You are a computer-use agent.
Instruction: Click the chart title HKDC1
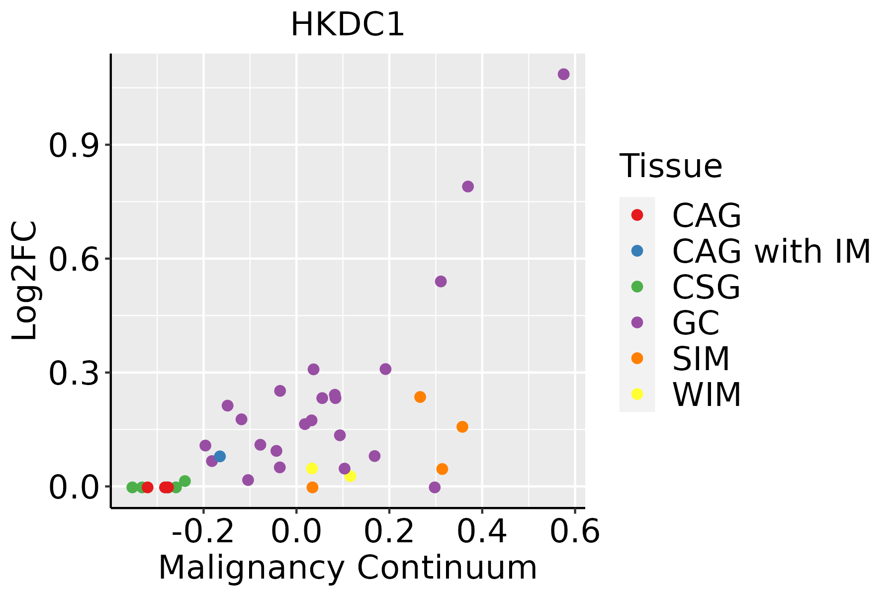(348, 25)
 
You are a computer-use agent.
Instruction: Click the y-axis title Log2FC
(25, 281)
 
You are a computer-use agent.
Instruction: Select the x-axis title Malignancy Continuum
(348, 568)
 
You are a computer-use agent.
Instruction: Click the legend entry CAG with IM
(771, 251)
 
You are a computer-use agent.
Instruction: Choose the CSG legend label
(706, 287)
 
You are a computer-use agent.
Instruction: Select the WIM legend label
(707, 395)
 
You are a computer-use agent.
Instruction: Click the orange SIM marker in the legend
(637, 358)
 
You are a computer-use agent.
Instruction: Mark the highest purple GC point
(563, 74)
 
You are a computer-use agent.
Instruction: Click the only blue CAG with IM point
(220, 456)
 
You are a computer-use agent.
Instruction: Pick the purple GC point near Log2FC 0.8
(468, 187)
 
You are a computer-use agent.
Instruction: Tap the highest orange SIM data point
(420, 397)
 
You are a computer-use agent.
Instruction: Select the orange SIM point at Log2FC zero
(312, 487)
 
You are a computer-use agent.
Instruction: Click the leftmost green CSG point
(132, 487)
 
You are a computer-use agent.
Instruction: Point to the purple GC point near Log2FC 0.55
(441, 282)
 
